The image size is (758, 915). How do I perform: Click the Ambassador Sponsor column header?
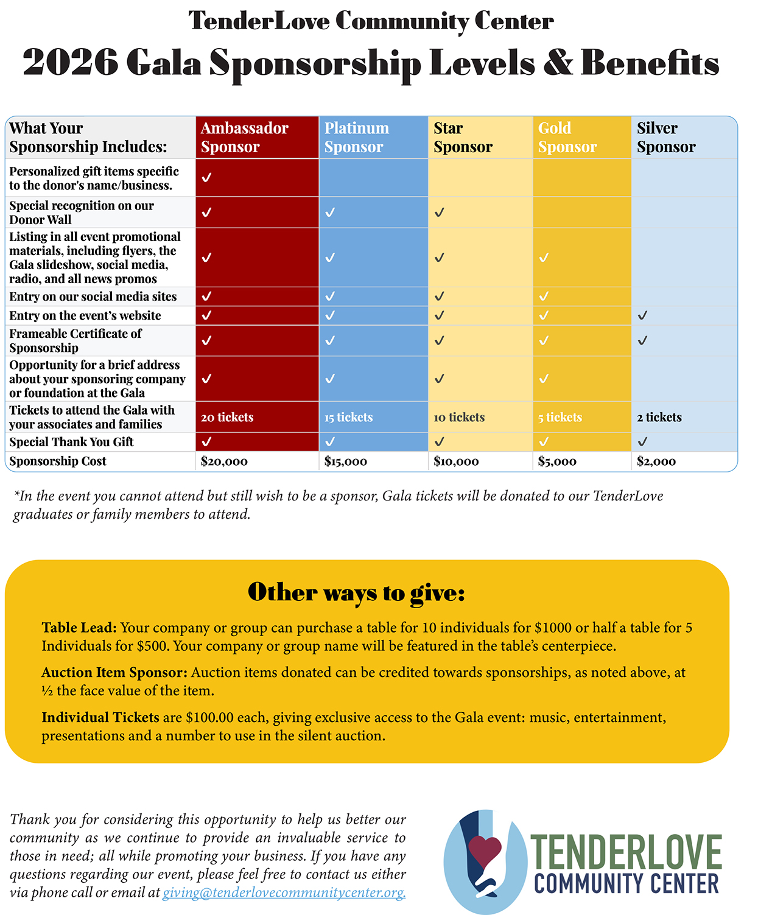pos(244,137)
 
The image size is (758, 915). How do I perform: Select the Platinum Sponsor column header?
pos(356,137)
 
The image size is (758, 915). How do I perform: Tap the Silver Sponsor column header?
pos(665,137)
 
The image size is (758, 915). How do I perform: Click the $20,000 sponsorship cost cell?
pos(224,461)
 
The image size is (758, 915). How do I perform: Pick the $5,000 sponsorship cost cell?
pos(556,461)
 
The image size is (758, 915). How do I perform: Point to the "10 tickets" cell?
pos(459,417)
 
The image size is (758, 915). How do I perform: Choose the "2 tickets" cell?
pos(659,417)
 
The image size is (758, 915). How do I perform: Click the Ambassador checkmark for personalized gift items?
pos(207,177)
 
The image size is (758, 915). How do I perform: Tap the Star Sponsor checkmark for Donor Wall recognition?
pos(440,212)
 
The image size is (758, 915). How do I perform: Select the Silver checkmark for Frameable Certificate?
pos(642,340)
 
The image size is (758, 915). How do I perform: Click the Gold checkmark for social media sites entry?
pos(544,296)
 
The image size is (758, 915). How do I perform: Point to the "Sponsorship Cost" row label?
pos(58,461)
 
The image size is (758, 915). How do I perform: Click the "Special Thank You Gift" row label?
pos(71,442)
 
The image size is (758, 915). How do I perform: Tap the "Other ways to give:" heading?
pos(356,592)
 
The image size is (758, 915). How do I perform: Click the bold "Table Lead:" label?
pos(79,628)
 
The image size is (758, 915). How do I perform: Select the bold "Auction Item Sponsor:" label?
pos(114,673)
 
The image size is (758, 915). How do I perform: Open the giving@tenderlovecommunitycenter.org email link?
pos(284,892)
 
